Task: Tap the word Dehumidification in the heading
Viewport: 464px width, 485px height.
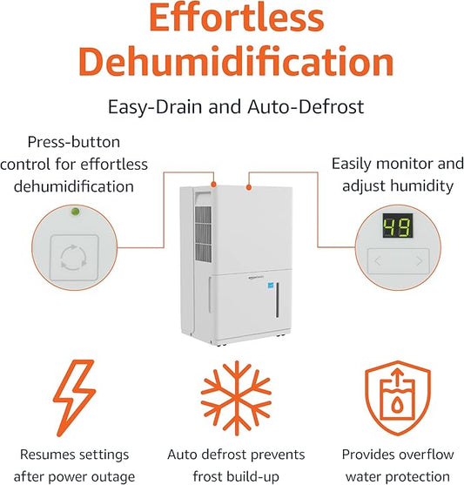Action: click(232, 64)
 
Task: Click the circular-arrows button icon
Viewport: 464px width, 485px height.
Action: click(71, 257)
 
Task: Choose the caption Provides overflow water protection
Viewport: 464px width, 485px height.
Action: click(397, 465)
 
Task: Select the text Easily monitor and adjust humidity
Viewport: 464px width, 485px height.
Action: click(397, 173)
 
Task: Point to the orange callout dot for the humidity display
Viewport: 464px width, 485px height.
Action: click(250, 185)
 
